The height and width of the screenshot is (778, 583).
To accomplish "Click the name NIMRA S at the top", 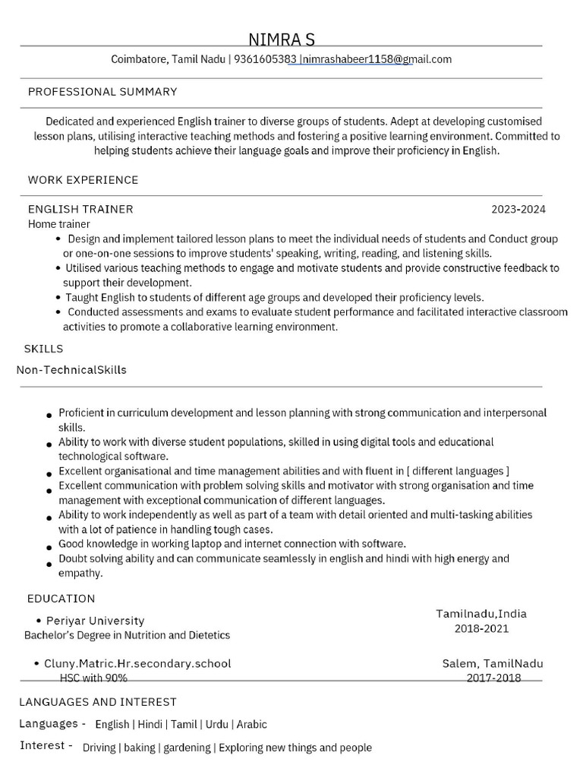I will pos(282,40).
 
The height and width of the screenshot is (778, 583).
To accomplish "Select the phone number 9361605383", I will pos(265,59).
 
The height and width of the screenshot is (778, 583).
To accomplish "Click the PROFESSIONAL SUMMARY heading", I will pos(102,92).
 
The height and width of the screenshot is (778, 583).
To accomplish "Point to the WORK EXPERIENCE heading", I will pos(84,180).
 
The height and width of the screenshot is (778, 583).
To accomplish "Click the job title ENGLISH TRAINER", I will pos(80,209).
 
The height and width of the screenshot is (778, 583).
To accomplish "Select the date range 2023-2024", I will pos(518,209).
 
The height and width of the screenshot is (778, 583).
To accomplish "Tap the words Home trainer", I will pos(59,224).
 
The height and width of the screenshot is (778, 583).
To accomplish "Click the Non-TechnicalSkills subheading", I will pos(71,370).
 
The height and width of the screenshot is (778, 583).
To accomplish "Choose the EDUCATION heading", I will pos(61,599).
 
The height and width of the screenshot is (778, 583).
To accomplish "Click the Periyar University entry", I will pos(95,621).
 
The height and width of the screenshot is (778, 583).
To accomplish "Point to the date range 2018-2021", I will pos(481,628).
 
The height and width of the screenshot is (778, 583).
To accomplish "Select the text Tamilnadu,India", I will pos(481,614).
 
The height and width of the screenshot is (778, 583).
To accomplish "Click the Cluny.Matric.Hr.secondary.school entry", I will pos(137,663).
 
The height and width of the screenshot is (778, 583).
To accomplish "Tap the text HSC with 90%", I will pos(93,678).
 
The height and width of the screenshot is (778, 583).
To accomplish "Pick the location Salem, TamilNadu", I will pos(493,663).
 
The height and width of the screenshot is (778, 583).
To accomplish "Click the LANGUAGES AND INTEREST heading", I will pos(98,702).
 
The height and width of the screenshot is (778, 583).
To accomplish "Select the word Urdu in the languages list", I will pos(217,724).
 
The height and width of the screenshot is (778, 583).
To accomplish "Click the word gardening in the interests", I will pos(187,748).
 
